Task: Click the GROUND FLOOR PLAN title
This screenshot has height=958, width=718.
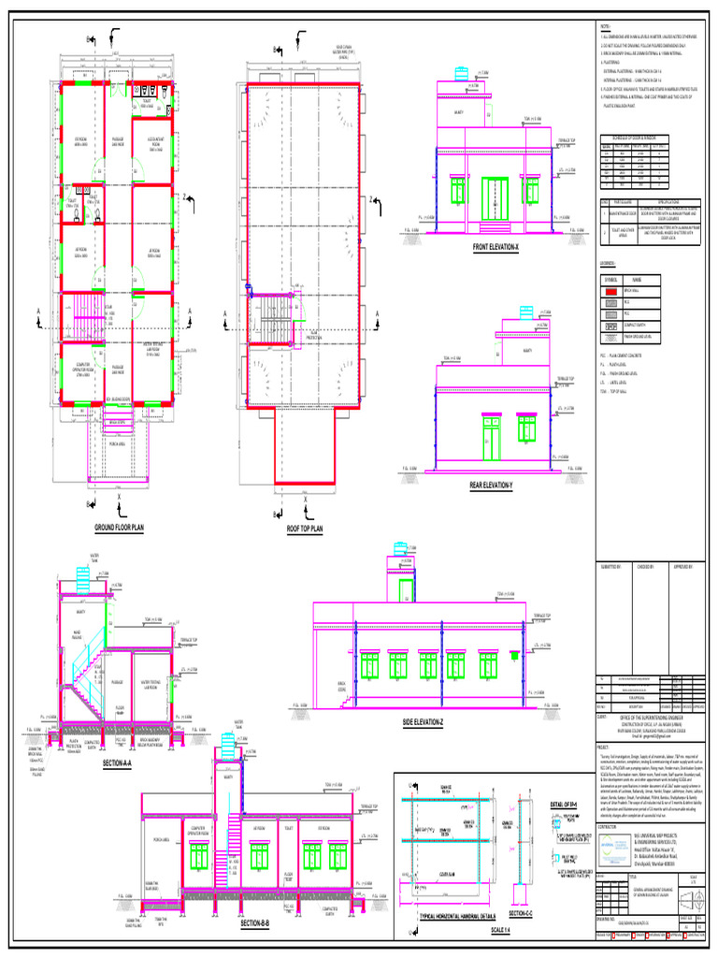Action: (x=119, y=529)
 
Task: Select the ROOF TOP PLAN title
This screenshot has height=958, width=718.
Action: (x=304, y=529)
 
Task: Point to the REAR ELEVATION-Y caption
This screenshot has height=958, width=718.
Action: (x=492, y=486)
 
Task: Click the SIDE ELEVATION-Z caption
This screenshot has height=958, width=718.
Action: (x=424, y=723)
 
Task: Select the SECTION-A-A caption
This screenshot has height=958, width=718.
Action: (x=118, y=764)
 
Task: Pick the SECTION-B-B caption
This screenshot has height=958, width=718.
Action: (x=255, y=923)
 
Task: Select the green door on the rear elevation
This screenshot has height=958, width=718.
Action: (x=492, y=438)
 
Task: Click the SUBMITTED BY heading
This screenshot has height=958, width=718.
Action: (x=610, y=566)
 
